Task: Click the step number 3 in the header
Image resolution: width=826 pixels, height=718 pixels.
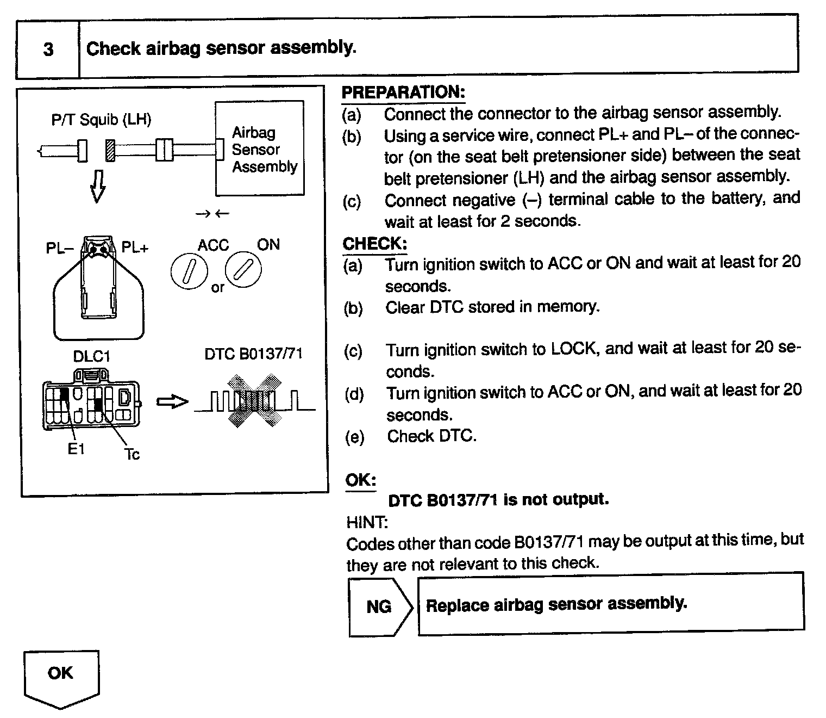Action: [48, 49]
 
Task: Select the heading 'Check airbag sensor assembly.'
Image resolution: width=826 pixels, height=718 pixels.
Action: [221, 48]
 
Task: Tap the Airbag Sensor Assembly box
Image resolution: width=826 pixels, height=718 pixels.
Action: [260, 148]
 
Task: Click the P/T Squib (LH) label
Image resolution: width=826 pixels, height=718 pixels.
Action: [101, 120]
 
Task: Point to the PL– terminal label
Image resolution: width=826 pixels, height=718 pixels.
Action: [59, 248]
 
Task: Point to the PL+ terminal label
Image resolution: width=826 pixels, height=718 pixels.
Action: [135, 248]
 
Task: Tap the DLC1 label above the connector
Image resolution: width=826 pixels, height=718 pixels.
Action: [92, 356]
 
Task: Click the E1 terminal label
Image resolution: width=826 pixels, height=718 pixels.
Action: [76, 449]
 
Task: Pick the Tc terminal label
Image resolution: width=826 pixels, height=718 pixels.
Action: [132, 454]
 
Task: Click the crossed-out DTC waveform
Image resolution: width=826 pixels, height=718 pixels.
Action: [254, 400]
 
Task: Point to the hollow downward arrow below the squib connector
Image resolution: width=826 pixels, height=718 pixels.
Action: [97, 185]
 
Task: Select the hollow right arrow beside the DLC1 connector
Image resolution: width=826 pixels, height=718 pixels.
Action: [172, 402]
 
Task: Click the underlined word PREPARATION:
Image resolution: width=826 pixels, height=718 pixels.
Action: [403, 92]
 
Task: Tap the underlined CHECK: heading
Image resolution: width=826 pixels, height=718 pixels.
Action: [375, 244]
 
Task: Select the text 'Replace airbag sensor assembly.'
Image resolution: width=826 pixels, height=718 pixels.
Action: [556, 604]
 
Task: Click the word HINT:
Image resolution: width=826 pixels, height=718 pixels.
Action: [367, 523]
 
